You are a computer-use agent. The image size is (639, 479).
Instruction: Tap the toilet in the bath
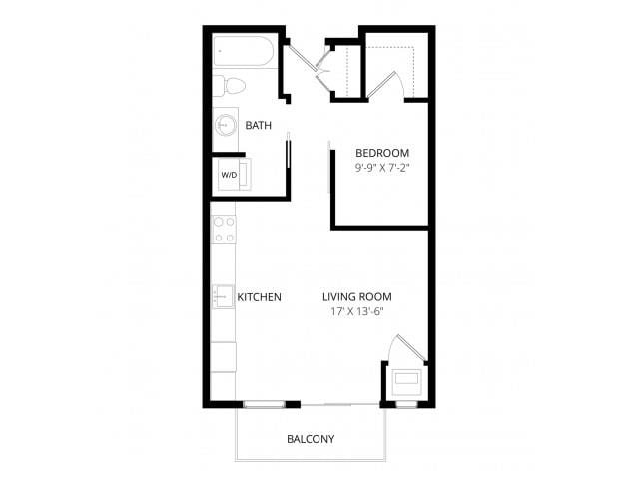coord(227,86)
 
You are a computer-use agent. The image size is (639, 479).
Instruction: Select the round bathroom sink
coord(226,126)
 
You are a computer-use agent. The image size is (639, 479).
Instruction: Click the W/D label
coord(229,174)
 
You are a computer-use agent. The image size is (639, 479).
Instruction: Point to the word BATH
coord(258,126)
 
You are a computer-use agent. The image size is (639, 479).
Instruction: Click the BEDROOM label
coord(382,153)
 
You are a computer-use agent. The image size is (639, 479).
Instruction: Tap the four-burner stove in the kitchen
coord(224,230)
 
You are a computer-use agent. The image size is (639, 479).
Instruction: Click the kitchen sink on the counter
coord(222,297)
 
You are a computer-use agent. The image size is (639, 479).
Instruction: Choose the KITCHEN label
coord(259,297)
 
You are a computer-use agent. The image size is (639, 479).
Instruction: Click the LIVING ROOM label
coord(356,297)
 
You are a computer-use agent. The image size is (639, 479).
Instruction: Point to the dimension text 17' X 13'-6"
coord(356,312)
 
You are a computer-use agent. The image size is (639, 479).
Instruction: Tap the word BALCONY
coord(310,439)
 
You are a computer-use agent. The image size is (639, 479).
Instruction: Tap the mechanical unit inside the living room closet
coord(407,380)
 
